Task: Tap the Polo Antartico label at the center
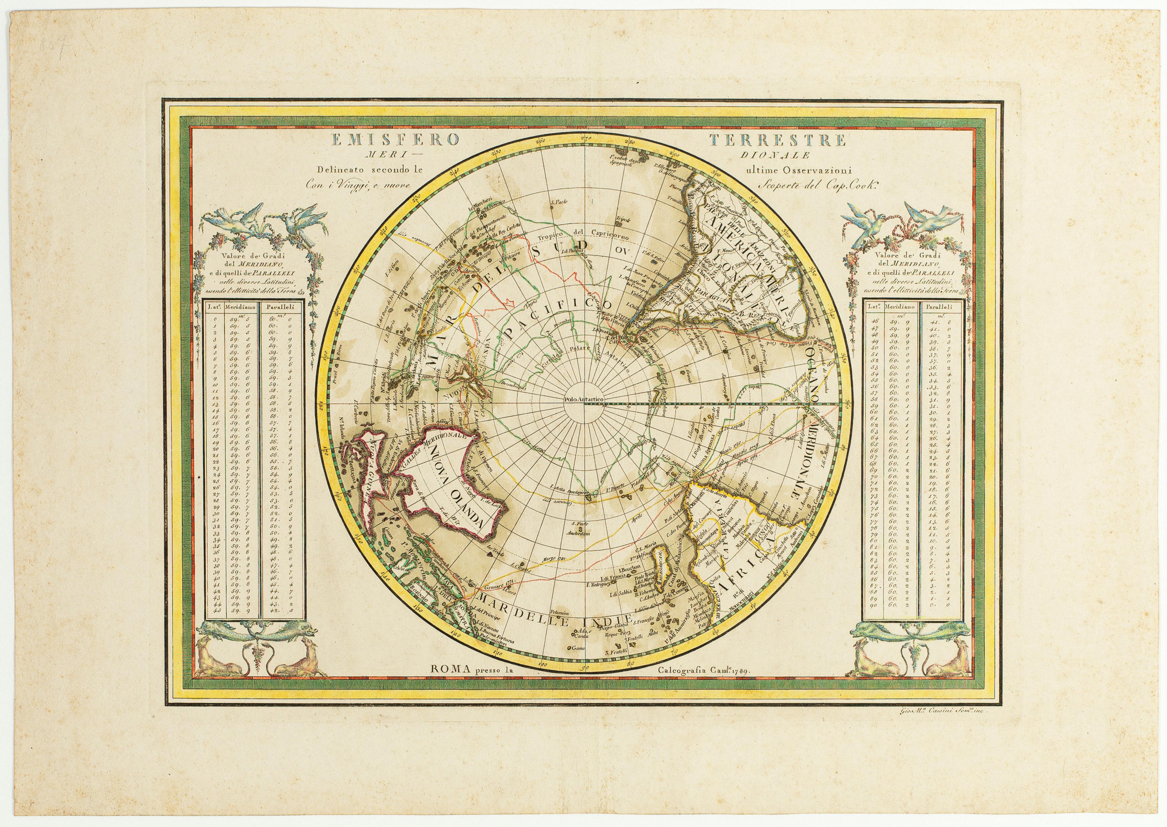tap(584, 400)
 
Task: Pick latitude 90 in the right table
tap(874, 605)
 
